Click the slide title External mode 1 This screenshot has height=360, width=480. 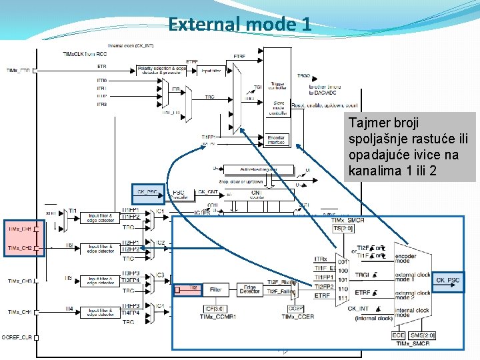239,25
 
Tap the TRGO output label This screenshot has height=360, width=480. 303,76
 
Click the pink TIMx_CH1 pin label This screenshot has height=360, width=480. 20,229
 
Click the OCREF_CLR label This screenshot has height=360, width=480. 17,337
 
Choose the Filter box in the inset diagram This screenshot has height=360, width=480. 215,290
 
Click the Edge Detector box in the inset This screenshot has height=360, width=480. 250,290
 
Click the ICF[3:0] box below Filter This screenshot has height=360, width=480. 215,308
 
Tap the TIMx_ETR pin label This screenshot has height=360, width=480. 18,70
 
